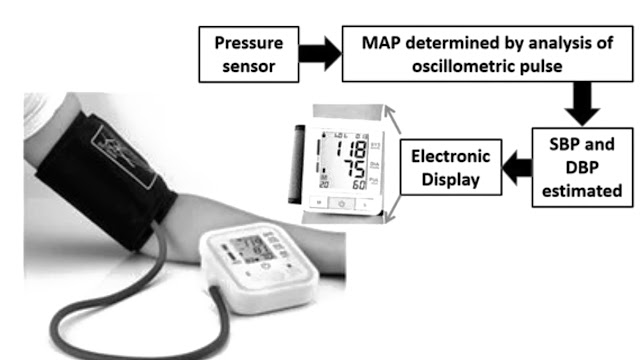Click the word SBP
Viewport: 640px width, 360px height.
pos(573,143)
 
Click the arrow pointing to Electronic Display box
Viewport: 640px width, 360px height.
pos(517,166)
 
